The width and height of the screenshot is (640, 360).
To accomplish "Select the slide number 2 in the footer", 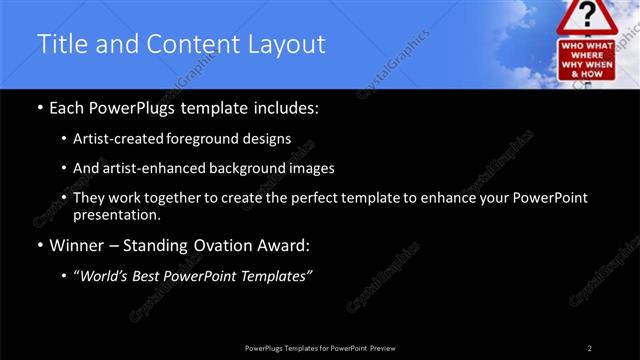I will click(x=589, y=347).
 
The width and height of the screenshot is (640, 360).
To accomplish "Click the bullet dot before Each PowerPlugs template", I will click(x=39, y=108).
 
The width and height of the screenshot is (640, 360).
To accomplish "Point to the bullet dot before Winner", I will click(x=39, y=246).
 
